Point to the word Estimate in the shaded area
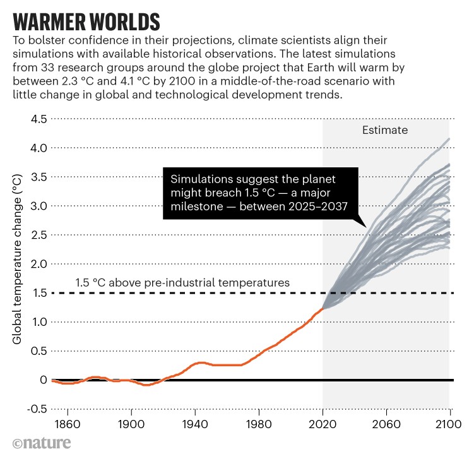385,131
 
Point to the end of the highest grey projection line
449,139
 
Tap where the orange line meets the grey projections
323,309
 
